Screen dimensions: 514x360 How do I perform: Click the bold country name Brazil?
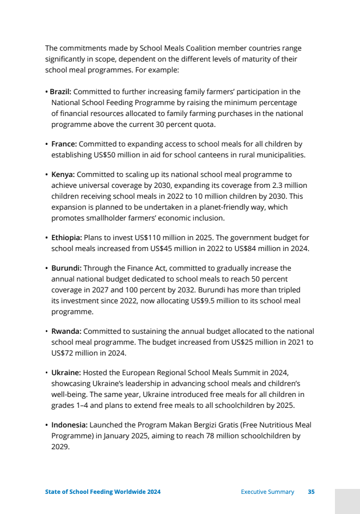tap(61, 91)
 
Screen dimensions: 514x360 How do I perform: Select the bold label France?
tap(64, 144)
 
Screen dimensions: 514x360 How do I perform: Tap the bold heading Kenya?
tap(63, 174)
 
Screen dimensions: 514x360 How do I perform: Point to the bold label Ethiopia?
tap(66, 237)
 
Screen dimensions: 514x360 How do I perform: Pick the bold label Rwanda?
tap(66, 331)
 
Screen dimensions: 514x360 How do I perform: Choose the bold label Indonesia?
tap(69, 425)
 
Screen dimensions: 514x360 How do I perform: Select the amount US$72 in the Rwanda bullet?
tap(64, 353)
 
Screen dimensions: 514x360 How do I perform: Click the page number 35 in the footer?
tap(311, 492)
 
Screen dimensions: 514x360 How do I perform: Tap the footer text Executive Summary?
tap(267, 492)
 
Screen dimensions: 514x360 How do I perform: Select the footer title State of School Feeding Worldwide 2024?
tap(102, 492)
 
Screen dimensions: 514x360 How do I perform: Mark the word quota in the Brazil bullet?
tap(203, 124)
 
